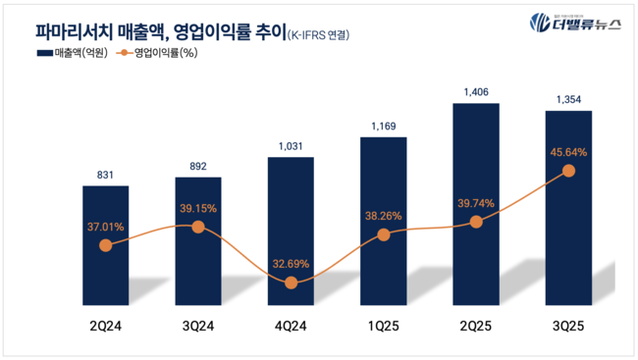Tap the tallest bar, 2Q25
(x=476, y=196)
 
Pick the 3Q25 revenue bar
(x=568, y=206)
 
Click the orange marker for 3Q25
(x=568, y=171)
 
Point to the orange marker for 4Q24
(x=291, y=283)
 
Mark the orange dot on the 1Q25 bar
(x=383, y=234)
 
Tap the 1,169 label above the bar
(x=383, y=125)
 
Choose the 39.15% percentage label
(x=197, y=208)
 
